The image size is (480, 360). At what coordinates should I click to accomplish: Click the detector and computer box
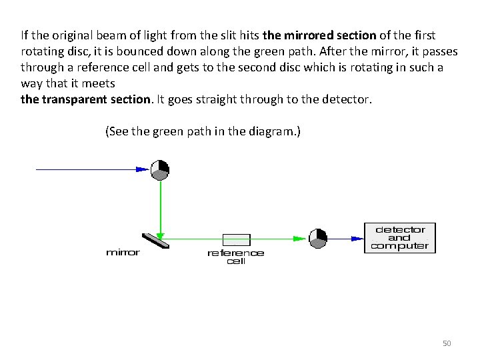(400, 238)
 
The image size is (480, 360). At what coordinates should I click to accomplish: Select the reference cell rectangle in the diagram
(236, 240)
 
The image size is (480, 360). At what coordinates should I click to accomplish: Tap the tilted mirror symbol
(155, 240)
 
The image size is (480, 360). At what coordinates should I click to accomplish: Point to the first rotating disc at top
(160, 170)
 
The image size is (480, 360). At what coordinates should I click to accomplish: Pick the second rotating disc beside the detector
(318, 238)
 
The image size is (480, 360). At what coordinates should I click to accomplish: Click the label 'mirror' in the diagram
(123, 253)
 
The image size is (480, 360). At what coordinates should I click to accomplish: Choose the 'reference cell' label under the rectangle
(236, 257)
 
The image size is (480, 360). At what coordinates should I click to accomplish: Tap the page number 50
(447, 343)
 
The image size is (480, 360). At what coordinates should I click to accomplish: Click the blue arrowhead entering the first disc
(141, 170)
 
